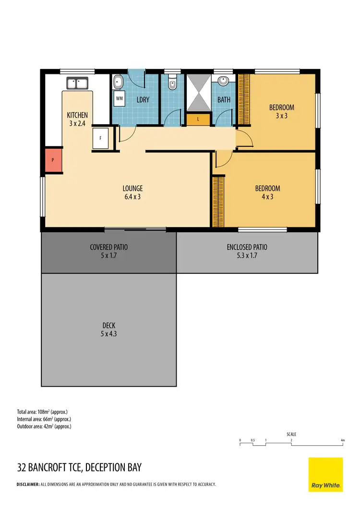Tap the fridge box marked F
click(101, 138)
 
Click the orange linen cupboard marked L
click(198, 119)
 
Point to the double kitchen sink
click(76, 83)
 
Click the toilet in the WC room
click(172, 84)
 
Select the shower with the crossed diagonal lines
click(198, 93)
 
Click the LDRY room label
click(143, 100)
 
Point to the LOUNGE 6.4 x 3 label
click(132, 192)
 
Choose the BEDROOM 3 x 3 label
click(281, 111)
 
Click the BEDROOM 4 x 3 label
click(267, 192)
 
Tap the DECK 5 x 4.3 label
click(108, 329)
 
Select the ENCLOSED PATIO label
click(247, 251)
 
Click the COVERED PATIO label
click(109, 251)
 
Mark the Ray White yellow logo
click(325, 474)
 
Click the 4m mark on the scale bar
click(343, 440)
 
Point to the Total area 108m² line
click(42, 412)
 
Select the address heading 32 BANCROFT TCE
click(79, 467)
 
